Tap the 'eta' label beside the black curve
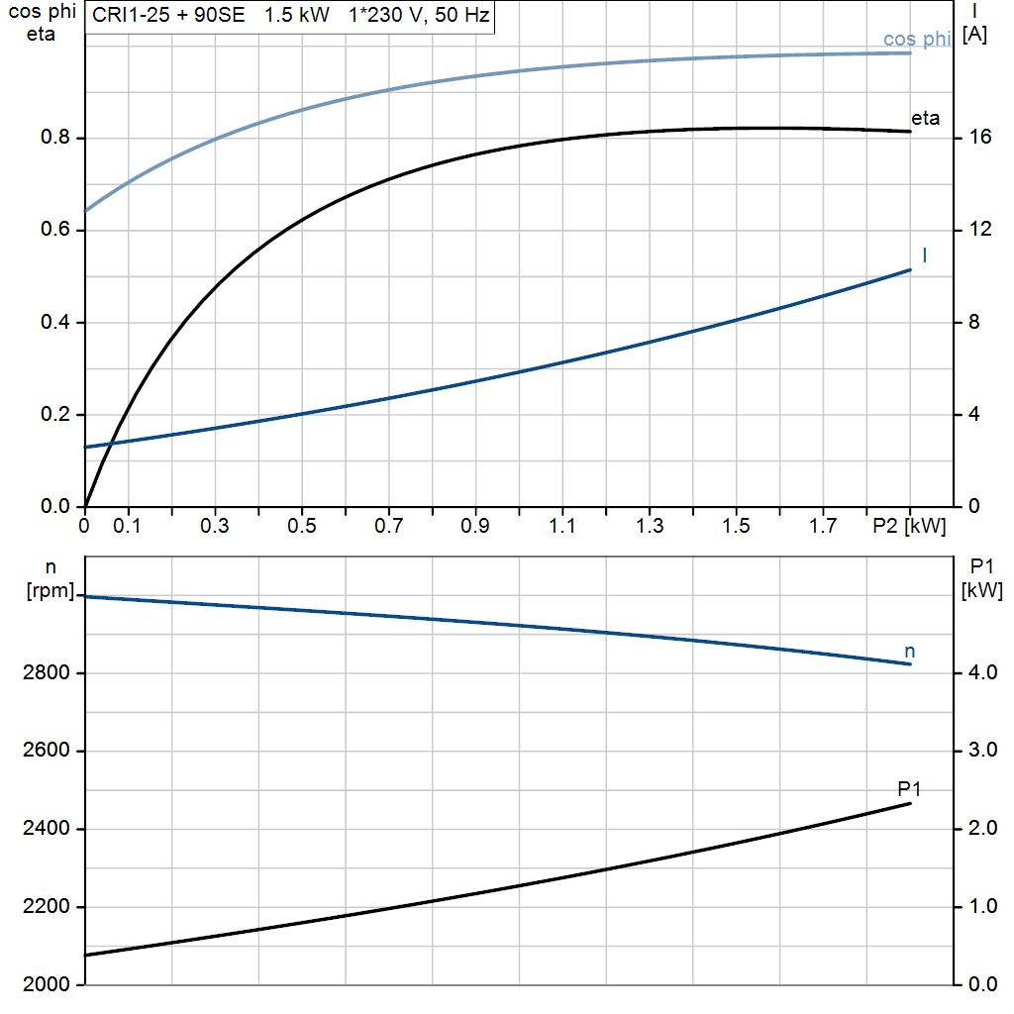tap(925, 119)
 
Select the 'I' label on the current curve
tap(924, 255)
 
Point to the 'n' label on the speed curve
tap(910, 651)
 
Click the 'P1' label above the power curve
tap(910, 788)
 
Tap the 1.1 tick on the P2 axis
tap(562, 527)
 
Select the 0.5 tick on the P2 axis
tap(302, 527)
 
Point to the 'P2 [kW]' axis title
tap(909, 527)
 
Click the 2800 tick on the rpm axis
tap(44, 673)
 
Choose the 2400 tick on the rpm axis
tap(44, 829)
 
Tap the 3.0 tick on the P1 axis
tap(981, 751)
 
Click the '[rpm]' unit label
tap(50, 591)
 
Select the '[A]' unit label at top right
tap(975, 35)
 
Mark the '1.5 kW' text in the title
tap(297, 16)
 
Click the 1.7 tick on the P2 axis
tap(823, 527)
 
